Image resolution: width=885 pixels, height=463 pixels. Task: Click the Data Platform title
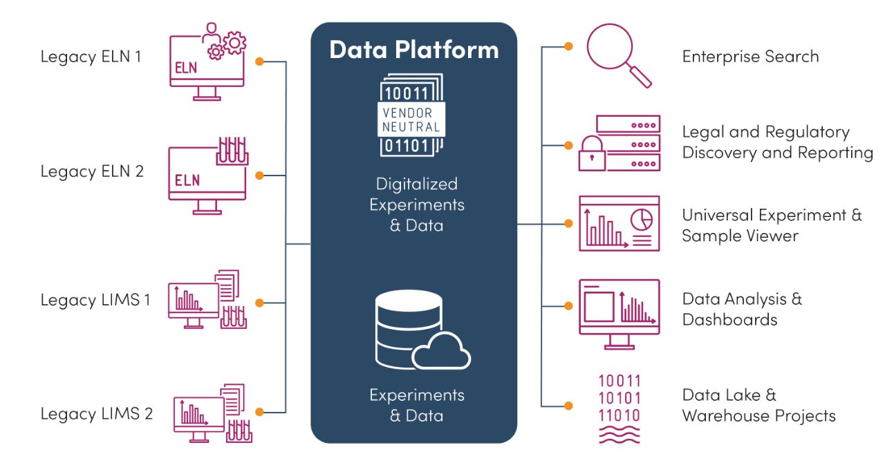(413, 50)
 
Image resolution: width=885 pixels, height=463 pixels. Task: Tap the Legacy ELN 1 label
(91, 57)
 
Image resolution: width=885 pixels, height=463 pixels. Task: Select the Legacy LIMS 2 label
(96, 414)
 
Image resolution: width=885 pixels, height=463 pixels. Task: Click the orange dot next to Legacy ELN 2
(260, 176)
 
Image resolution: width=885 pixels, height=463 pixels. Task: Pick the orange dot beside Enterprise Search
(568, 46)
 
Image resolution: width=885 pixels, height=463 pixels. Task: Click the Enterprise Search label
(750, 57)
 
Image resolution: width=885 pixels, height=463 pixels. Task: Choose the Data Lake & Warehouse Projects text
(758, 405)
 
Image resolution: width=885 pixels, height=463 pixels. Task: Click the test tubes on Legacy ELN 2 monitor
(232, 151)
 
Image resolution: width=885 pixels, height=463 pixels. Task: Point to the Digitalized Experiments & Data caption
(416, 205)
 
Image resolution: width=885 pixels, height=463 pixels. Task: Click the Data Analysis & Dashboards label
(742, 309)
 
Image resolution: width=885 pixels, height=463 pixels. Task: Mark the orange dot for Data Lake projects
(568, 406)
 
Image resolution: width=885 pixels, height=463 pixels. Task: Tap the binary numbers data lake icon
(619, 407)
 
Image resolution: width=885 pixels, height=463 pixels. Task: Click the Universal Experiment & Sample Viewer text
(772, 225)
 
